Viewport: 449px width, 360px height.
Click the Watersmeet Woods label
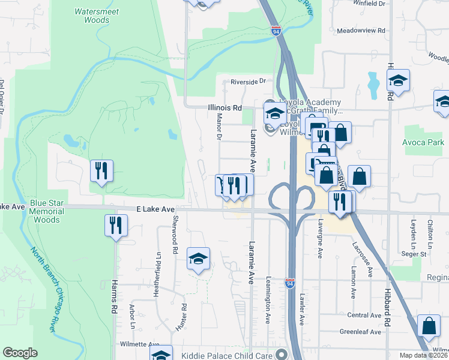click(x=92, y=16)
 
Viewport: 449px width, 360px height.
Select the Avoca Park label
click(x=424, y=142)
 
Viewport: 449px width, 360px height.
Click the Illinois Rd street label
click(x=224, y=108)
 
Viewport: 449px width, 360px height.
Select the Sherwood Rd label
click(x=175, y=236)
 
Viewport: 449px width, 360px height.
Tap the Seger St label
click(x=414, y=254)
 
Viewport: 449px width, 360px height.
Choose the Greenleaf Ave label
click(x=360, y=332)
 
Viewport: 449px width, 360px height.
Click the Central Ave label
click(x=364, y=315)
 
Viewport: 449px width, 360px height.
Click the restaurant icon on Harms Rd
click(x=115, y=225)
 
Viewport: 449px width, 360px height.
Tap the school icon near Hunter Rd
click(x=198, y=259)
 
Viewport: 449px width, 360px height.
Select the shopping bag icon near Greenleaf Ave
click(x=429, y=326)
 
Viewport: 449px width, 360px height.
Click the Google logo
click(x=20, y=353)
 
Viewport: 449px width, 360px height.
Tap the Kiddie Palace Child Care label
click(x=235, y=353)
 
